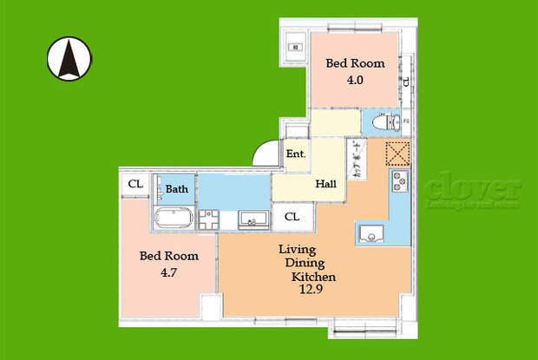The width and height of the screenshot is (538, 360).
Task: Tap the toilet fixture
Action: tap(382, 123)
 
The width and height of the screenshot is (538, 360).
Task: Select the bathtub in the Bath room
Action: tap(177, 217)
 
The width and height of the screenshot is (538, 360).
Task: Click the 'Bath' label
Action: tap(177, 189)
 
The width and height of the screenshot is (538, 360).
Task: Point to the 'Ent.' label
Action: tap(296, 154)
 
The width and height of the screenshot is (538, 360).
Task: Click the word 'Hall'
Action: tap(326, 184)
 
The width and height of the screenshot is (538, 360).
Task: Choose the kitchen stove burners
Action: tap(401, 183)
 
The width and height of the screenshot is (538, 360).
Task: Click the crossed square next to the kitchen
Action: tap(396, 153)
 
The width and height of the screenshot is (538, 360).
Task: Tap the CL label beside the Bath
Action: tap(135, 184)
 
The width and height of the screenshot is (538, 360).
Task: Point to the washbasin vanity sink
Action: tap(252, 217)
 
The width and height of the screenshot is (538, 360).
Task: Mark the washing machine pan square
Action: tap(211, 219)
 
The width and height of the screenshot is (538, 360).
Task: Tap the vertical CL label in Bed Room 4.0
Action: tap(405, 82)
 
